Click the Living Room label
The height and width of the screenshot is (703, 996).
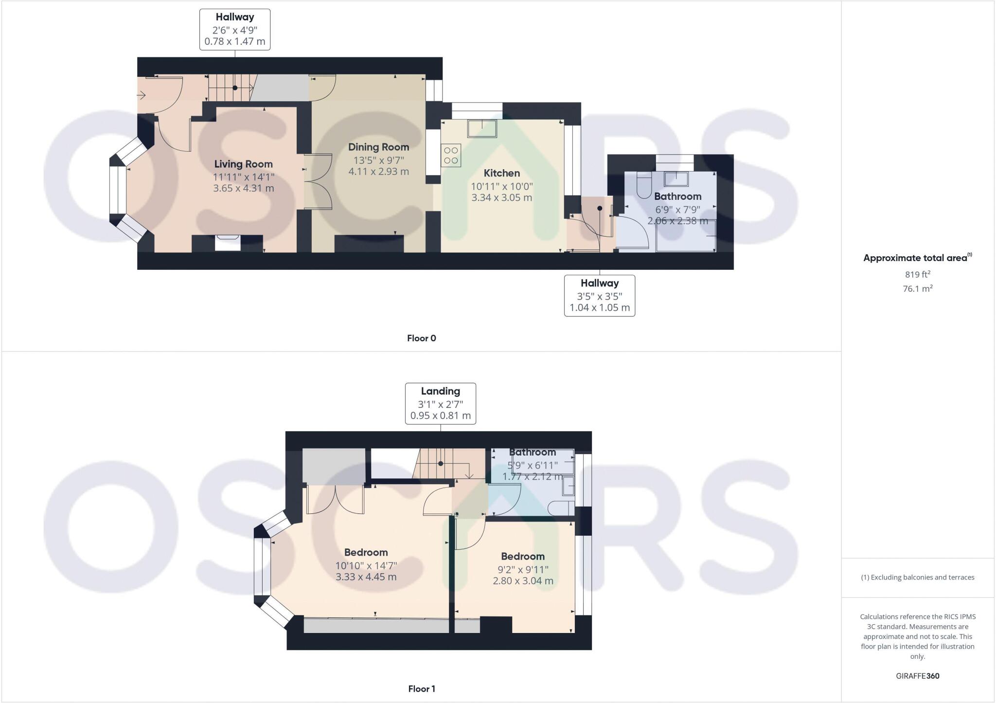click(x=243, y=164)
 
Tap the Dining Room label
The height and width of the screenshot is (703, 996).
click(x=378, y=147)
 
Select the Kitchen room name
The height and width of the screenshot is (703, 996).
click(x=501, y=173)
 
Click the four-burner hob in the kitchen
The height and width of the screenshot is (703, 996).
click(x=451, y=156)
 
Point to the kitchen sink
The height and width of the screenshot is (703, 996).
click(x=482, y=129)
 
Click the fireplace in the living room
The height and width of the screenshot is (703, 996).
click(x=228, y=243)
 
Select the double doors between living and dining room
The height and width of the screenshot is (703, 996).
click(x=318, y=181)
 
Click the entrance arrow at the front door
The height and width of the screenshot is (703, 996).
click(x=142, y=95)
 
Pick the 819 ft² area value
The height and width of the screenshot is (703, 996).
click(x=917, y=274)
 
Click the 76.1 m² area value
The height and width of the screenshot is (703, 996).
click(x=917, y=289)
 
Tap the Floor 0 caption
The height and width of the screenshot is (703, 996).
click(x=421, y=338)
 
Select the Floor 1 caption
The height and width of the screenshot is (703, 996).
click(x=421, y=689)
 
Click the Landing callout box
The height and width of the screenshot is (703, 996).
click(x=440, y=404)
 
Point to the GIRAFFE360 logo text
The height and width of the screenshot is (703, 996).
click(x=917, y=676)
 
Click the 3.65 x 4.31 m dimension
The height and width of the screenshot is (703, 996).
click(x=243, y=188)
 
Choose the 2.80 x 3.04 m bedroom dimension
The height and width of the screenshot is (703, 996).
click(x=523, y=581)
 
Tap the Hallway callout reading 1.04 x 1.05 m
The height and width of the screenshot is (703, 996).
click(x=599, y=296)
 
